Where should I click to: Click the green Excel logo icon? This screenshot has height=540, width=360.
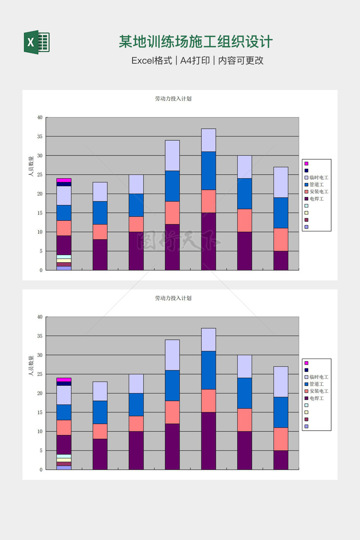[37, 42]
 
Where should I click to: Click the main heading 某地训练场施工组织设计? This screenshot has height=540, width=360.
[195, 42]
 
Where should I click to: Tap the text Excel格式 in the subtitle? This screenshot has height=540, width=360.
[152, 60]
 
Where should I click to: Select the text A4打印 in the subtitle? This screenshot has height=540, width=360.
[195, 60]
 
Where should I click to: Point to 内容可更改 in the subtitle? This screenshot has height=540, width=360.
[241, 60]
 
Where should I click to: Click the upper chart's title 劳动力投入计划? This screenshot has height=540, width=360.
[173, 99]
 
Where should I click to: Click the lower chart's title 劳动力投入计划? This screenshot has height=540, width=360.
[173, 298]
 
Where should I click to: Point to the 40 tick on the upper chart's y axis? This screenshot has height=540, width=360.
[40, 117]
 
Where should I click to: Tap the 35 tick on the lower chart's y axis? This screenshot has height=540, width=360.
[40, 336]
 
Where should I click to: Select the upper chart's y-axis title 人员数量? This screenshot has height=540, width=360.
[31, 166]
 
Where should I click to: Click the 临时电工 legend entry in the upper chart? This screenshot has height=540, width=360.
[319, 178]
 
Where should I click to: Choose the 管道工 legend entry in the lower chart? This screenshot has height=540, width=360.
[316, 384]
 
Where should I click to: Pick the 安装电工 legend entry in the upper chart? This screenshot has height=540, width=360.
[319, 192]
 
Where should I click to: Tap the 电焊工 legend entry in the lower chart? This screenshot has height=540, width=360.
[316, 398]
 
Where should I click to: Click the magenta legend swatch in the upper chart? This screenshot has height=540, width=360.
[306, 163]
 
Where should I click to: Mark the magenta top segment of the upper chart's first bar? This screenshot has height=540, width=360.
[64, 180]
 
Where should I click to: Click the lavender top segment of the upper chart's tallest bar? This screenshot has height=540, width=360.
[208, 140]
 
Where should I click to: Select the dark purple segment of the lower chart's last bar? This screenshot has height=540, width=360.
[281, 460]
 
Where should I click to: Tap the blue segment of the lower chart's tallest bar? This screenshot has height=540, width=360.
[208, 370]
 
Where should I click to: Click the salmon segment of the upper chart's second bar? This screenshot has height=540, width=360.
[100, 232]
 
